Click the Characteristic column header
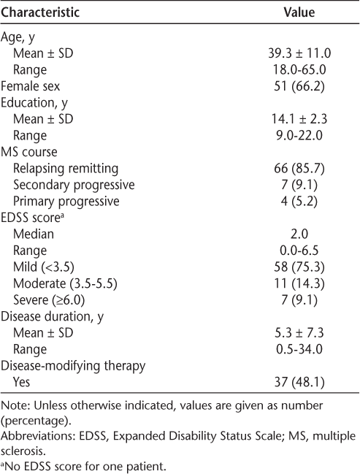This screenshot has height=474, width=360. [x=40, y=12]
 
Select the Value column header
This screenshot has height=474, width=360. [x=299, y=12]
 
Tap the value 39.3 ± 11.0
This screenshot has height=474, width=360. [x=299, y=53]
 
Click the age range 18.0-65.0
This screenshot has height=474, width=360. [x=299, y=70]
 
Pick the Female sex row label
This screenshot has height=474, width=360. [x=31, y=86]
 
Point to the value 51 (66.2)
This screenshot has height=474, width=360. [x=299, y=86]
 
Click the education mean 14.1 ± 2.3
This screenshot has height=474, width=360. [x=299, y=119]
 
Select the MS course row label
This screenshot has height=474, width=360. [x=29, y=152]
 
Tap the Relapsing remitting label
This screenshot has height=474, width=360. [x=66, y=169]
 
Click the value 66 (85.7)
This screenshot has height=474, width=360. [x=299, y=169]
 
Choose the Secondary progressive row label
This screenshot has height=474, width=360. [x=74, y=185]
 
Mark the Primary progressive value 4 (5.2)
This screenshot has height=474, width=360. [x=299, y=202]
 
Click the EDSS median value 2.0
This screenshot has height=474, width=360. [x=299, y=234]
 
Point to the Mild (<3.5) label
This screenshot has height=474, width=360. [x=44, y=267]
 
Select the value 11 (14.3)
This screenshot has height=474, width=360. [x=299, y=283]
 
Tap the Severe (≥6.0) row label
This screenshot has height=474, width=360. [x=49, y=300]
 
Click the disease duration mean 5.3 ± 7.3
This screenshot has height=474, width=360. [x=299, y=332]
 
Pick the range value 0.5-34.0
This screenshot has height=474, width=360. [x=299, y=349]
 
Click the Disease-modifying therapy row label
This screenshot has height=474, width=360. [x=73, y=366]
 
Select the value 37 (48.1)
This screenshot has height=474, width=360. [x=299, y=382]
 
